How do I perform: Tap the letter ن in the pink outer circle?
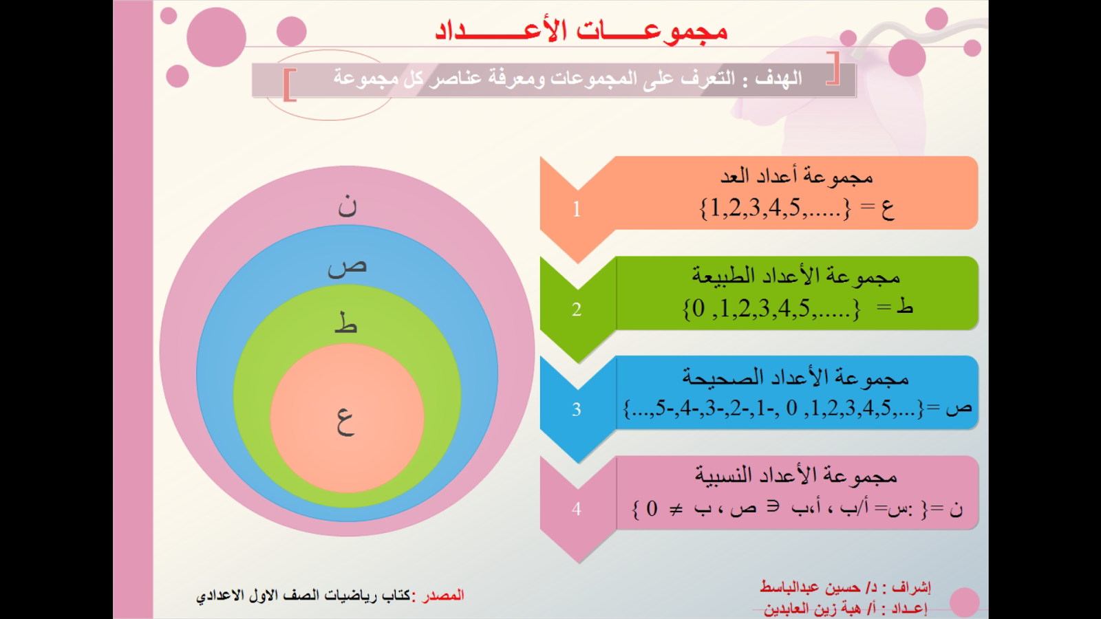tap(347, 206)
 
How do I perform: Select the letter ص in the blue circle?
tap(347, 268)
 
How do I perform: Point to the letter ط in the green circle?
tap(345, 323)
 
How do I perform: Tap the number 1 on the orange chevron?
tap(577, 210)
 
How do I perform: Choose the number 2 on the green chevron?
tap(577, 309)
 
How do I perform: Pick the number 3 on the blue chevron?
tap(577, 409)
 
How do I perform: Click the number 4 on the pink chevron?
tap(577, 509)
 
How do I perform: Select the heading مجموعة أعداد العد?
tap(796, 176)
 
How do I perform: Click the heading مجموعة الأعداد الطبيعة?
tap(796, 276)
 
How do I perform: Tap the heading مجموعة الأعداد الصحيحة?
tap(795, 377)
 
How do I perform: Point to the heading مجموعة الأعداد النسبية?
tap(796, 475)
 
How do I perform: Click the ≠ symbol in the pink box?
tap(676, 510)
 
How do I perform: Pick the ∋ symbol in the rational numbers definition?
tap(774, 506)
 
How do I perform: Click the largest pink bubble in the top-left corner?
tap(216, 37)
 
